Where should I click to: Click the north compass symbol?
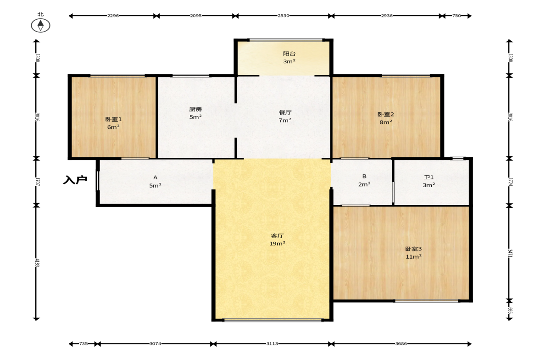[x=41, y=25]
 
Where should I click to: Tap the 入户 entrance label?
[x=75, y=180]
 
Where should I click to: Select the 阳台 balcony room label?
[x=289, y=54]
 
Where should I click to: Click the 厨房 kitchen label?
[x=195, y=110]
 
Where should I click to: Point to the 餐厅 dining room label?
[x=285, y=112]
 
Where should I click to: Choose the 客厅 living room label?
[x=277, y=236]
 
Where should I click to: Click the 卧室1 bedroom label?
[x=113, y=119]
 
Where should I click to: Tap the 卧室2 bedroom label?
[x=386, y=114]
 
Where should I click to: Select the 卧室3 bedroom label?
[x=413, y=249]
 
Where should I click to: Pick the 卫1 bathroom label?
[x=429, y=177]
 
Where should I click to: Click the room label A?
[x=156, y=177]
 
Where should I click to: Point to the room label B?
[x=364, y=177]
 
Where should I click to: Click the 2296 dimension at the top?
[x=113, y=16]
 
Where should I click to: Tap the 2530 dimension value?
[x=284, y=16]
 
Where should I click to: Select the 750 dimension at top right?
[x=456, y=16]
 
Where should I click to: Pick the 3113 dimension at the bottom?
[x=272, y=343]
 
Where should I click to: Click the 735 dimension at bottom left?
[x=84, y=343]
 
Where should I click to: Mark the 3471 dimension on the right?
[x=510, y=253]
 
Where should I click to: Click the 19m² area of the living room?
[x=277, y=244]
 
